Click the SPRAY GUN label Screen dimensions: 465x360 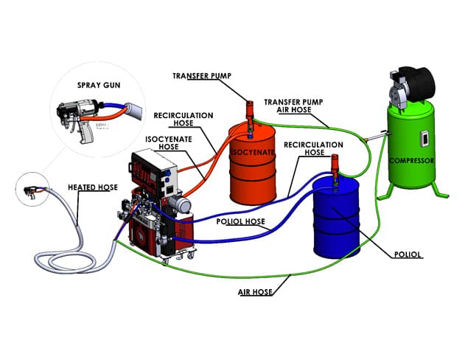(99, 85)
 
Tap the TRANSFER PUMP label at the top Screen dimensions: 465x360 (202, 76)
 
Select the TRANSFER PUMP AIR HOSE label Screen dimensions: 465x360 (293, 106)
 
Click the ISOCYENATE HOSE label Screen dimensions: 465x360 (169, 143)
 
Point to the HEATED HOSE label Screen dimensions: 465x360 (93, 187)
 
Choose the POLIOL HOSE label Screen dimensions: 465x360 (240, 222)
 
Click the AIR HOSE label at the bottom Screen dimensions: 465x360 (255, 292)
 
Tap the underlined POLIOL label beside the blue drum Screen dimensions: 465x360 (408, 255)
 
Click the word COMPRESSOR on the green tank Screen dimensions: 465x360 (412, 161)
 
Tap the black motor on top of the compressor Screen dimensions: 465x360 (416, 80)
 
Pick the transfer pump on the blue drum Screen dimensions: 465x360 (335, 169)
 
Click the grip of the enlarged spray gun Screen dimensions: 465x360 (87, 134)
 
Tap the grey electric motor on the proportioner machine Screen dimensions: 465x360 (180, 204)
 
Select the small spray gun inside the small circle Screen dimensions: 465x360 (32, 191)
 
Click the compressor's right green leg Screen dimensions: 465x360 (439, 190)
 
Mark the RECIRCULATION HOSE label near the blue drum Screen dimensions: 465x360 (313, 148)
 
